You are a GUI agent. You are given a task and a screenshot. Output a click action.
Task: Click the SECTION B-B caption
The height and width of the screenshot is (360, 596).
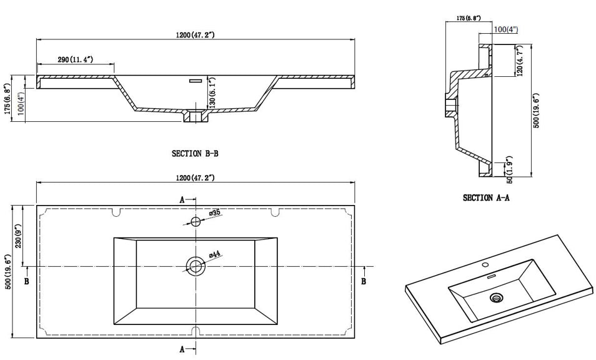[x=195, y=153]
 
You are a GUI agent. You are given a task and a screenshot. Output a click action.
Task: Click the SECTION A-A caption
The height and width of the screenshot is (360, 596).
[x=486, y=198]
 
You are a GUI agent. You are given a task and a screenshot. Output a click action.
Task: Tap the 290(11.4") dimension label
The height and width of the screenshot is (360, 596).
[x=76, y=59]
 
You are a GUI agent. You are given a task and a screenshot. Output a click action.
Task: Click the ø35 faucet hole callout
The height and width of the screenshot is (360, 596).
[x=214, y=214]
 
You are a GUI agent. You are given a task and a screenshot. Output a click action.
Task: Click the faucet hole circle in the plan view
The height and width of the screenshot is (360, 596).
[x=196, y=221]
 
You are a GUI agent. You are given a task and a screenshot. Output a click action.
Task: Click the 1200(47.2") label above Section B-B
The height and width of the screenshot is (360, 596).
[x=195, y=35]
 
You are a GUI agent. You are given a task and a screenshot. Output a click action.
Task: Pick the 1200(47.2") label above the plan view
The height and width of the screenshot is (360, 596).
[x=195, y=178]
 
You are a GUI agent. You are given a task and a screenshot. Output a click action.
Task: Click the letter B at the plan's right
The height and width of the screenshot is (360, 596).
[x=364, y=282]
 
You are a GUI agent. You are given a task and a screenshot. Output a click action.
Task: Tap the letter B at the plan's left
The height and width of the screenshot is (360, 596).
[x=26, y=282]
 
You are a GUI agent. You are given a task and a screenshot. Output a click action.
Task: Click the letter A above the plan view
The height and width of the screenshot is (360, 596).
[x=182, y=200]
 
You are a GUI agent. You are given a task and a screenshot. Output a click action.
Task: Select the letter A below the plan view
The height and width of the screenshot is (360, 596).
[x=182, y=347]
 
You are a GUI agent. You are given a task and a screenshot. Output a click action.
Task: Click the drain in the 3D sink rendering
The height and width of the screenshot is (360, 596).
[x=497, y=297]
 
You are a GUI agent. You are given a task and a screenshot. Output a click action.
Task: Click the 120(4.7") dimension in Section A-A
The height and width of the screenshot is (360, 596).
[x=520, y=61]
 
